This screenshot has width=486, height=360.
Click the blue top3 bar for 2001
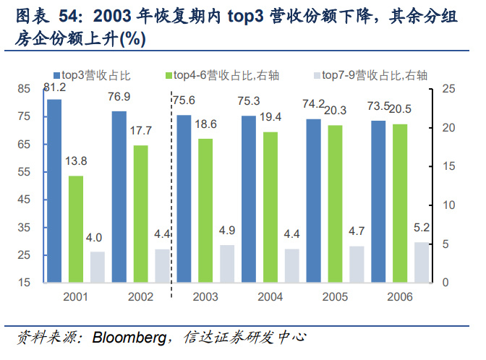[x=54, y=190]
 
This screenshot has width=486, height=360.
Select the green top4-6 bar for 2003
[x=205, y=210]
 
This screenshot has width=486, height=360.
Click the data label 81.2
[x=55, y=88]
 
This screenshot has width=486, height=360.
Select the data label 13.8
[x=76, y=160]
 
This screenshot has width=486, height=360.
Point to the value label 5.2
[x=422, y=228]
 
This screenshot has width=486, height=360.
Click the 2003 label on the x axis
[x=205, y=296]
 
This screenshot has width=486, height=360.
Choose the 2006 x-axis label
[x=400, y=296]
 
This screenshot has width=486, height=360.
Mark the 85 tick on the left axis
[x=24, y=89]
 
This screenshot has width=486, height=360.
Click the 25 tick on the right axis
[x=449, y=89]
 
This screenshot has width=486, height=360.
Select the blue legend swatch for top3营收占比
[x=56, y=74]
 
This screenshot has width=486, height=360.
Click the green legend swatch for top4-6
[x=169, y=74]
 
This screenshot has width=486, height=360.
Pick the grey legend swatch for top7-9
[x=316, y=74]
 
